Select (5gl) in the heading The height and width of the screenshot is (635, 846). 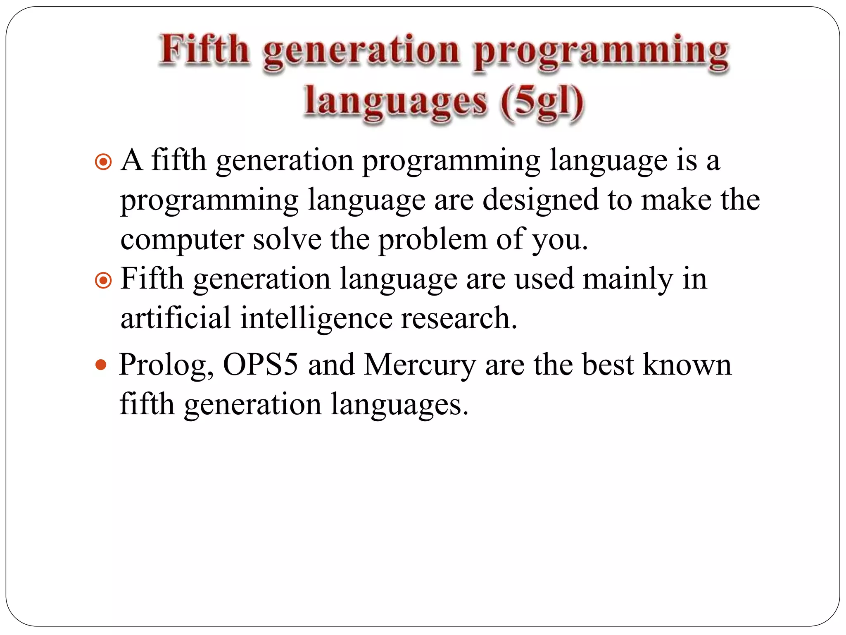tap(542, 102)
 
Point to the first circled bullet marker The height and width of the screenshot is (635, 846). tap(103, 162)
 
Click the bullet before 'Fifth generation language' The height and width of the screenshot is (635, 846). tap(103, 281)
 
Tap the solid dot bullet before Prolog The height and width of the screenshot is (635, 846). tap(101, 365)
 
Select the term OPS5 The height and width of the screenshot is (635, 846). tap(260, 365)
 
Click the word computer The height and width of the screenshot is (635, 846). tap(182, 241)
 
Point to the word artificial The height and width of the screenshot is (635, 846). tap(175, 318)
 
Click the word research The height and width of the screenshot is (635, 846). tap(459, 318)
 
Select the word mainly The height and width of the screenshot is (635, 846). tap(627, 280)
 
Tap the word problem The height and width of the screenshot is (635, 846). tap(433, 241)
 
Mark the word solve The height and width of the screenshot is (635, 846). tap(287, 240)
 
